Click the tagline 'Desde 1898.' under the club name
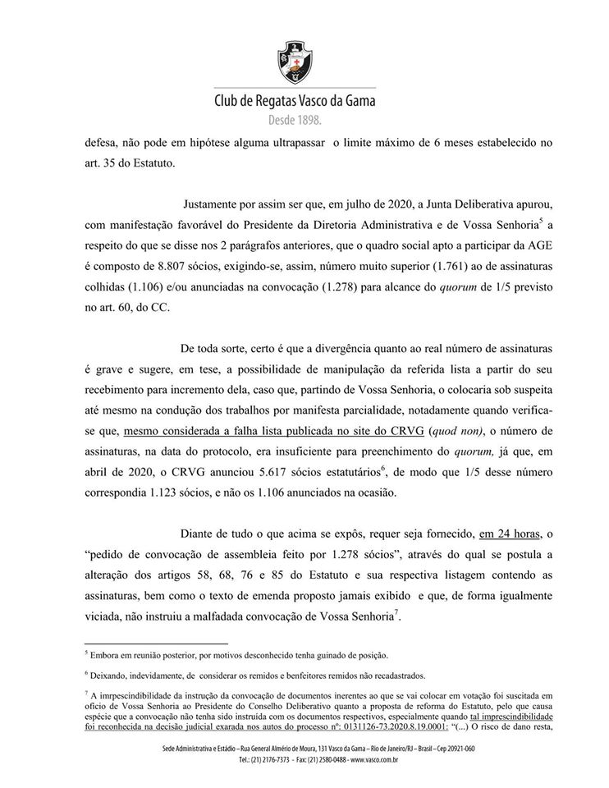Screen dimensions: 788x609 (295, 121)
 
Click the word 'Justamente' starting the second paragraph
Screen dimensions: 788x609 (211, 201)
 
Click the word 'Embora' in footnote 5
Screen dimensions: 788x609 (109, 655)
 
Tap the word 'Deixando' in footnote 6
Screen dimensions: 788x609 (113, 676)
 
